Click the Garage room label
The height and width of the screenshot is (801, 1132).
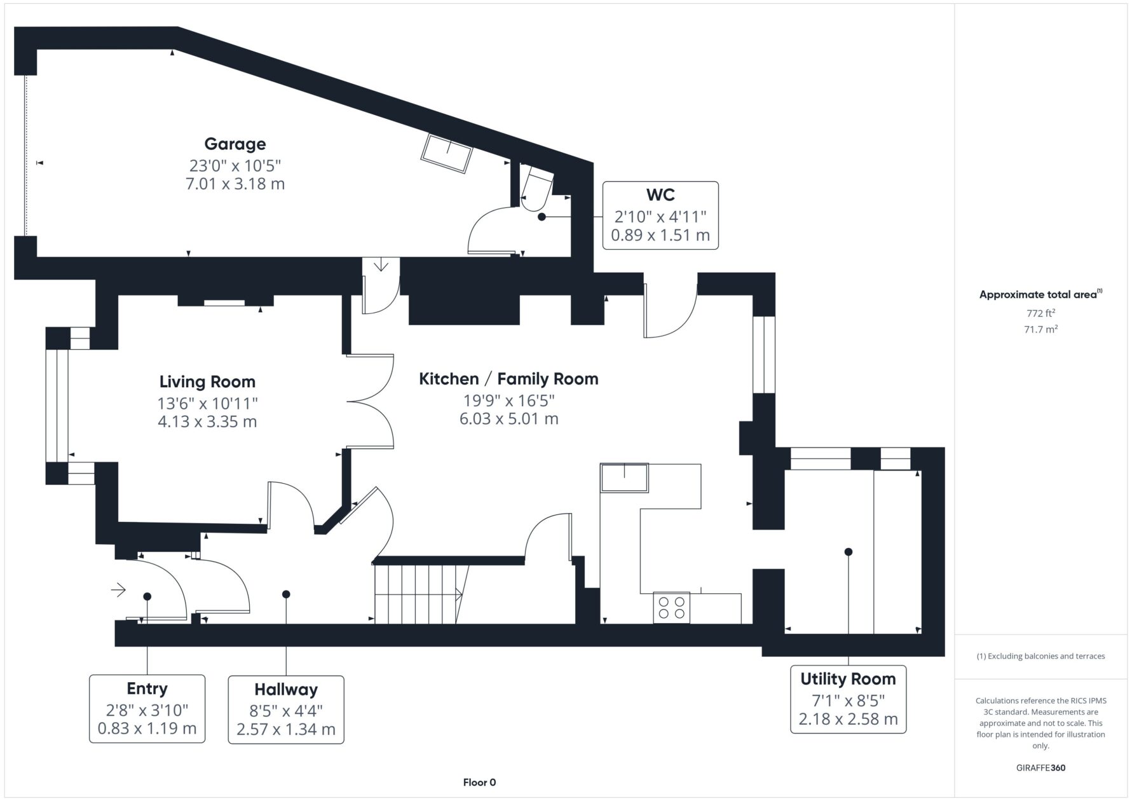[235, 144]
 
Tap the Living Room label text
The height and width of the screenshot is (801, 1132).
[207, 381]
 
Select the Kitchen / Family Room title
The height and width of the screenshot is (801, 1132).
[508, 379]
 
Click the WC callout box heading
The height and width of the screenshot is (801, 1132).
[660, 195]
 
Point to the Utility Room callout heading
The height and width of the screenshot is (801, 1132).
[848, 679]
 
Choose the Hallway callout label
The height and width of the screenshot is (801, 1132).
[286, 690]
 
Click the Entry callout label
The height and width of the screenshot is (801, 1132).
[147, 688]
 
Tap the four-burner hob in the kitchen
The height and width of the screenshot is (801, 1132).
[672, 607]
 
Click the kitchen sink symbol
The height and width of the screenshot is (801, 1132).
[625, 477]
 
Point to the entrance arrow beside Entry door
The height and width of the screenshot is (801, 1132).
[118, 591]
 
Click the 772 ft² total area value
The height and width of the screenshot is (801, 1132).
[1040, 313]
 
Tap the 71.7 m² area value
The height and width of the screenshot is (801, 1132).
[1040, 329]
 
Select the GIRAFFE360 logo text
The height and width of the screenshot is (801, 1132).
[1040, 767]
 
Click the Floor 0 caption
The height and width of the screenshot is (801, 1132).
[479, 783]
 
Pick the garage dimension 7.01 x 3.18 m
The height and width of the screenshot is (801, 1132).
[235, 184]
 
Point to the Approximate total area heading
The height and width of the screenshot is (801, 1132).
[1040, 294]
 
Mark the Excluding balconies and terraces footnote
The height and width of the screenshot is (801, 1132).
[1040, 656]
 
